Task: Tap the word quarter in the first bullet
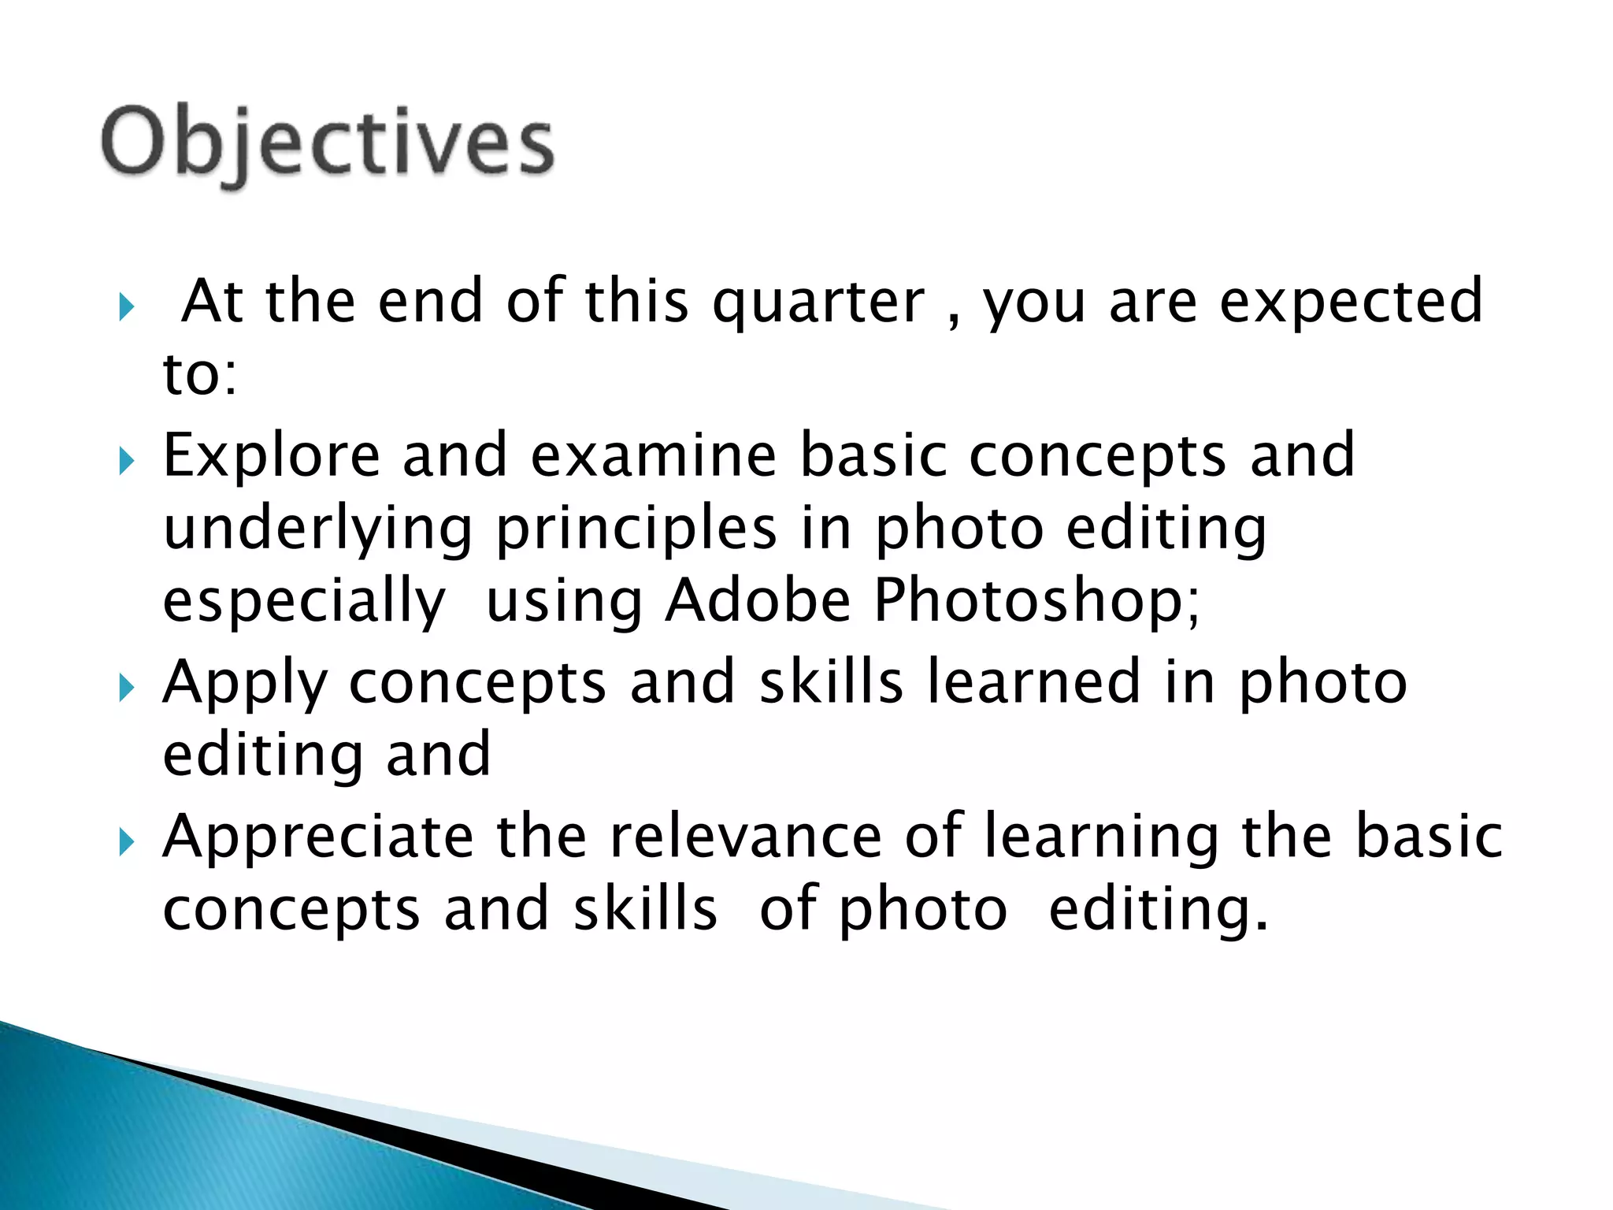(x=818, y=302)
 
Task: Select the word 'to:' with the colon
(x=199, y=373)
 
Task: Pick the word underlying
(x=317, y=529)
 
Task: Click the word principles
(x=636, y=529)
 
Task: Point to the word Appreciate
(x=318, y=837)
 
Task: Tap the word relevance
(x=746, y=837)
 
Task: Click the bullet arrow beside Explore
(x=127, y=462)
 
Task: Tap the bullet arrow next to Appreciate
(x=127, y=844)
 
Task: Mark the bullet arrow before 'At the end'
(x=127, y=307)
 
